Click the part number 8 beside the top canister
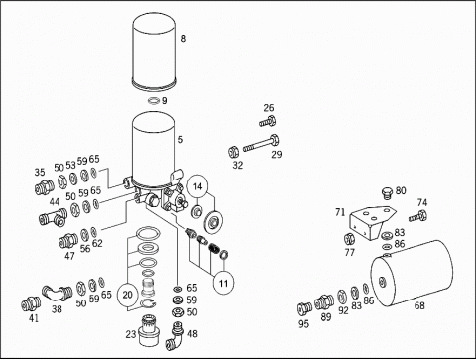183,39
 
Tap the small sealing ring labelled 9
154,100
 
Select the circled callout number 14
197,186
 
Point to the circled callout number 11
224,283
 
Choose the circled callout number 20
127,295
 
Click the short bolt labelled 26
268,122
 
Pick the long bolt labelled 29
261,143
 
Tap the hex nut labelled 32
234,152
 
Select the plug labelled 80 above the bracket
387,193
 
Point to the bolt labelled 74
418,216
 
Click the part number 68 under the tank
419,305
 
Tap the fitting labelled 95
304,309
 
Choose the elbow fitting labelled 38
58,293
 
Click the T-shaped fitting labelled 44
53,218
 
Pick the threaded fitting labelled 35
45,187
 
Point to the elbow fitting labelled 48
175,336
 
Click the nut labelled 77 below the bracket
349,239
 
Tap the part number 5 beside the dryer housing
180,140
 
